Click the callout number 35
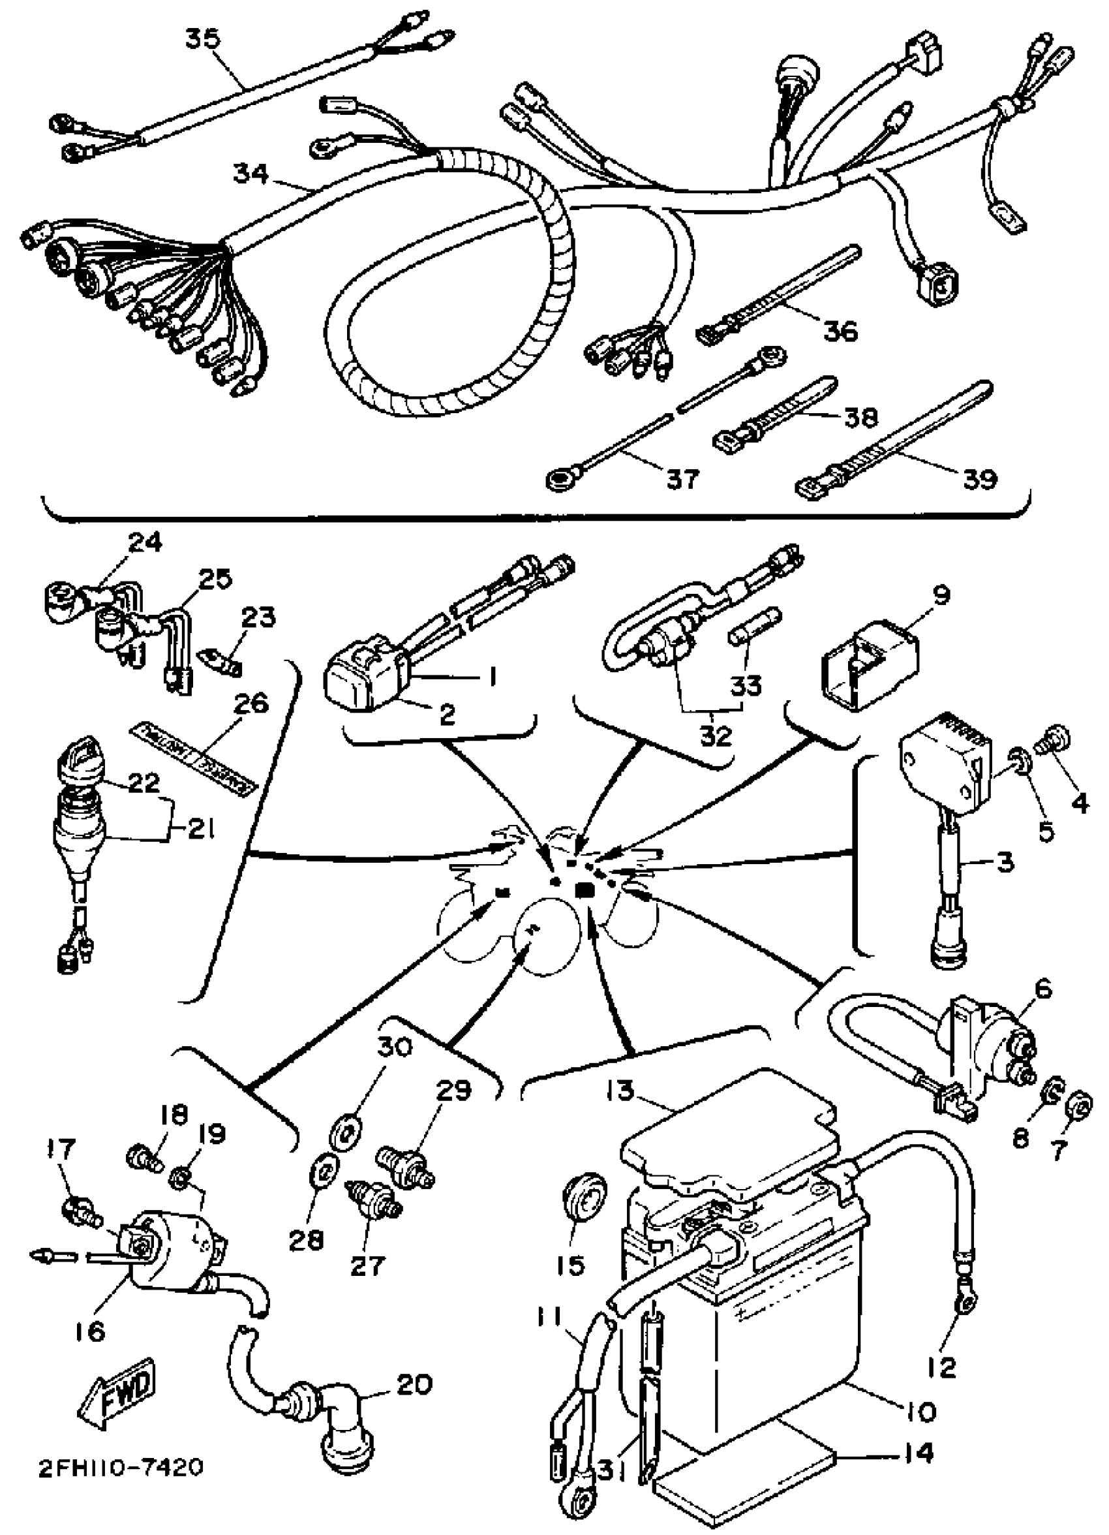coord(202,39)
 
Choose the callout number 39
coord(979,478)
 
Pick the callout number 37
coord(681,478)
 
